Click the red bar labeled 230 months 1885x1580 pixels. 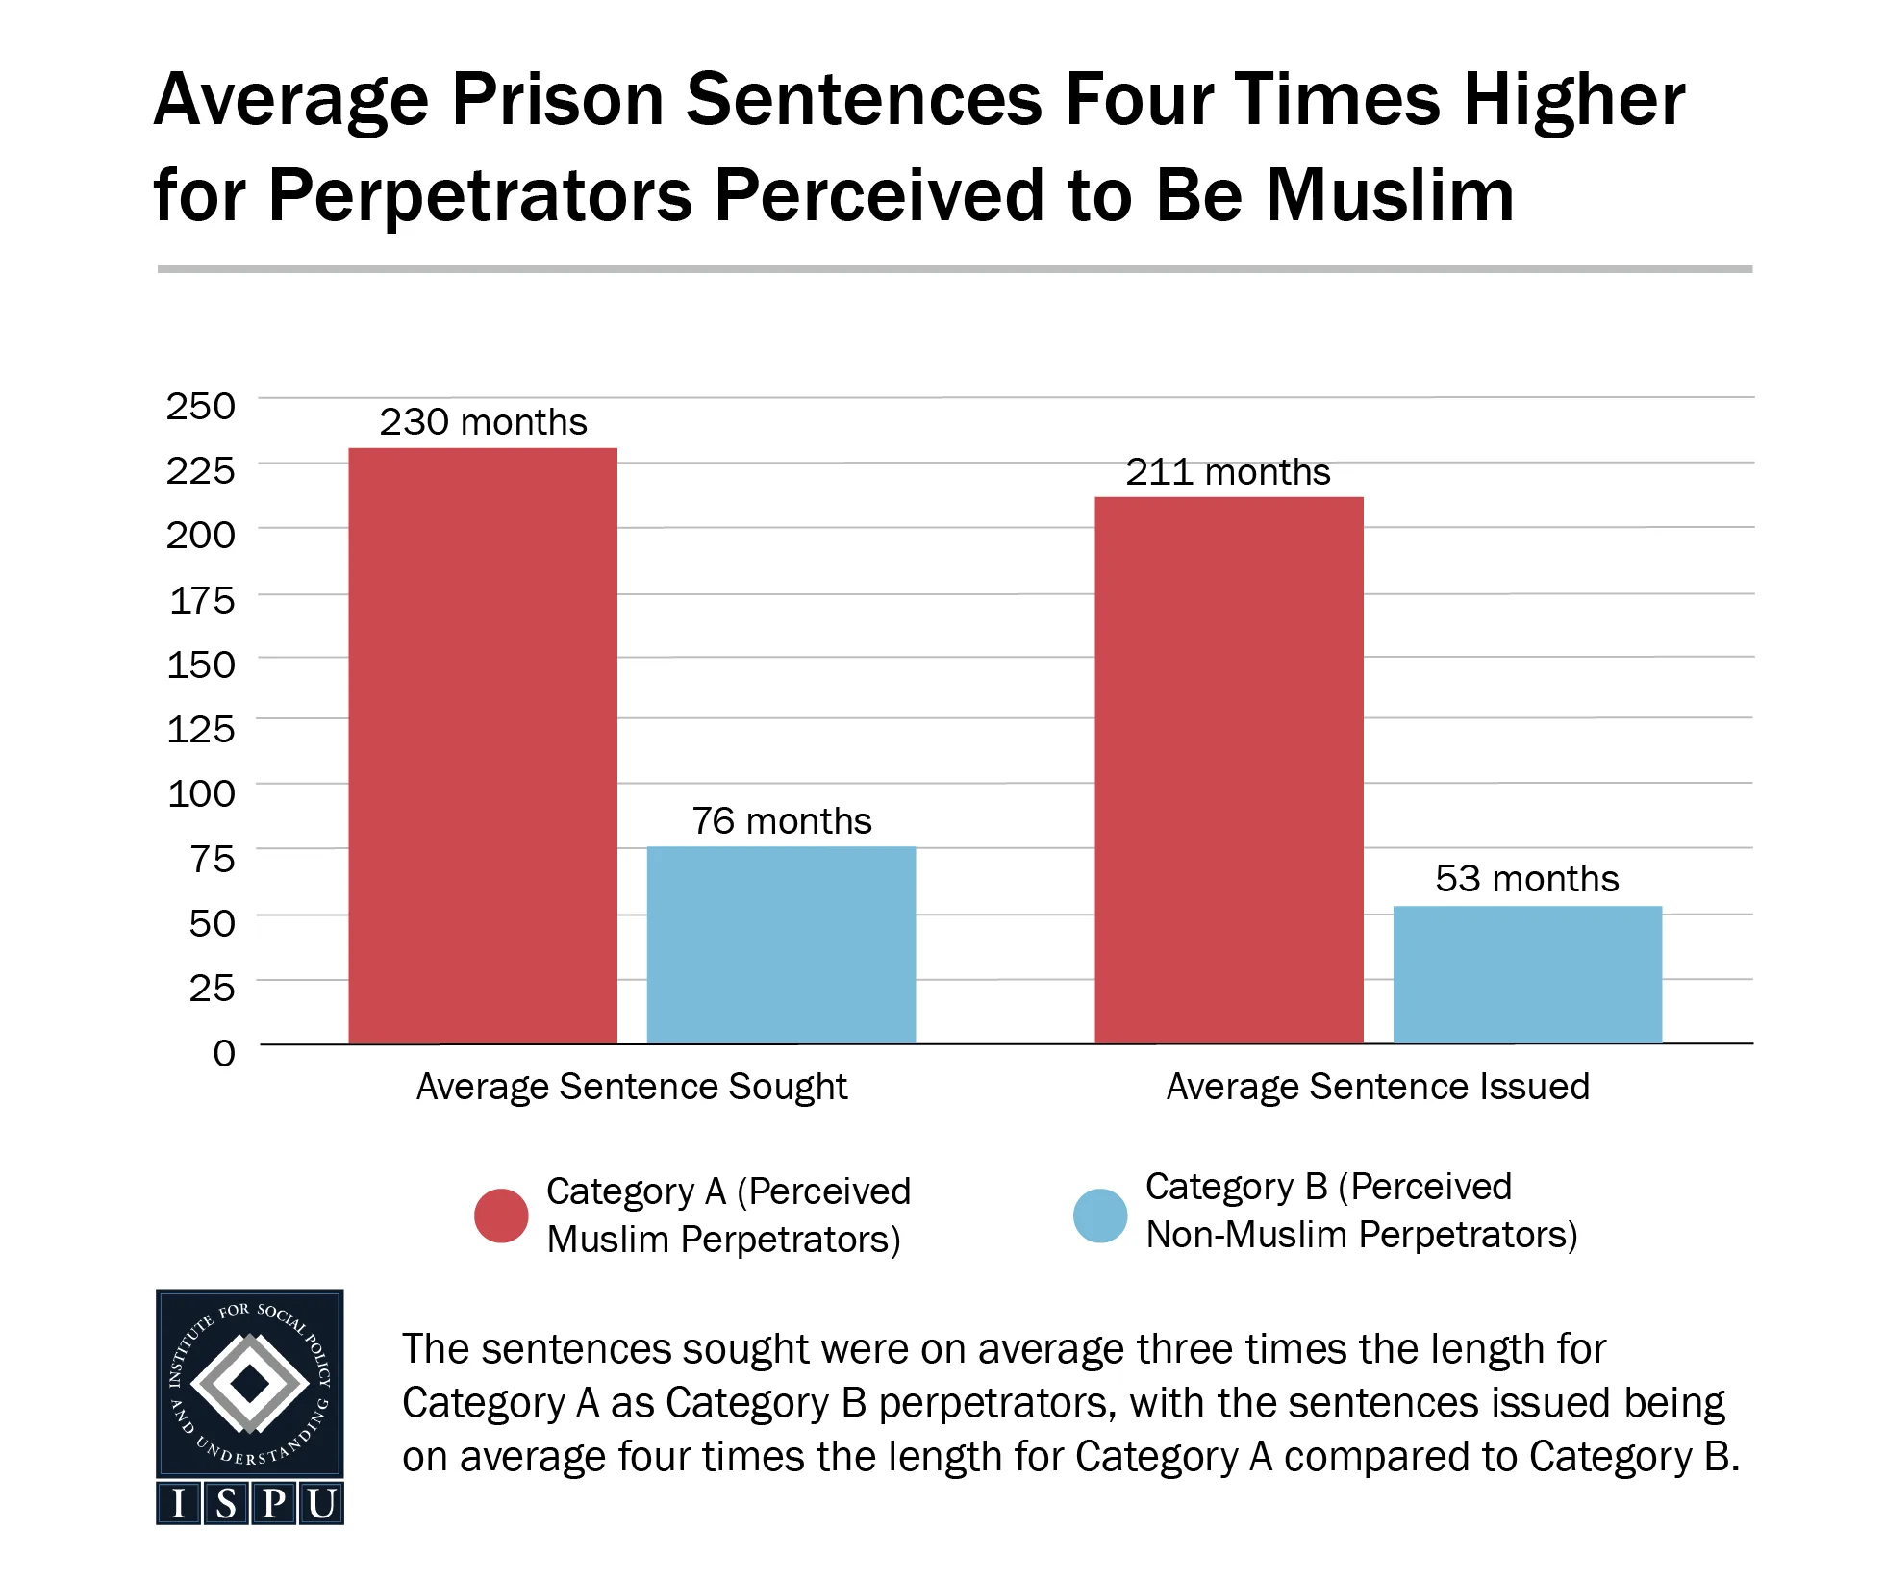point(482,745)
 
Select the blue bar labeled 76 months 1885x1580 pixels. point(781,944)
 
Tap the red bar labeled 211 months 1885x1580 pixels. point(1228,769)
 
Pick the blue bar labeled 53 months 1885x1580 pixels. point(1527,974)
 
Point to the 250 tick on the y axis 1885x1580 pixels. point(200,406)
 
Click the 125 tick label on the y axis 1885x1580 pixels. point(200,729)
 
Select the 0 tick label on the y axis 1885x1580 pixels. point(223,1052)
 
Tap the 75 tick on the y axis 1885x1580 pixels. point(212,859)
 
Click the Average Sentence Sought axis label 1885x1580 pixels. point(631,1087)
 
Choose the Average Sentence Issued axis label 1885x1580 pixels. point(1377,1087)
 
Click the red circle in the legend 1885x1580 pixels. point(501,1216)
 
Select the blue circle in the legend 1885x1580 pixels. point(1100,1216)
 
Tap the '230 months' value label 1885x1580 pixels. point(483,422)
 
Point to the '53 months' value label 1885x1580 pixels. point(1526,879)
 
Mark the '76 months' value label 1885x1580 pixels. point(781,821)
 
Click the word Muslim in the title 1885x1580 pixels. point(1390,195)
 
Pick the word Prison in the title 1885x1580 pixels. point(558,99)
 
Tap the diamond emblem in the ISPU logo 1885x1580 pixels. point(250,1383)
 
